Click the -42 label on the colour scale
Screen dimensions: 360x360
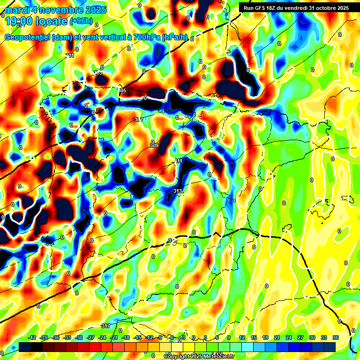click(x=32, y=337)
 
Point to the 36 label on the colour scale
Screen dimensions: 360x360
click(x=335, y=337)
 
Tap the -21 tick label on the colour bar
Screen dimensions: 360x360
click(x=114, y=337)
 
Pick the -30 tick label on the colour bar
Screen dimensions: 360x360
click(x=79, y=337)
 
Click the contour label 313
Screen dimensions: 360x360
click(x=177, y=190)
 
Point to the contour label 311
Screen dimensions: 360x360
click(x=178, y=161)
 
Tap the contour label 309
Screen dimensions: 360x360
click(x=154, y=145)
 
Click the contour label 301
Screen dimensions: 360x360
click(x=70, y=55)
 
